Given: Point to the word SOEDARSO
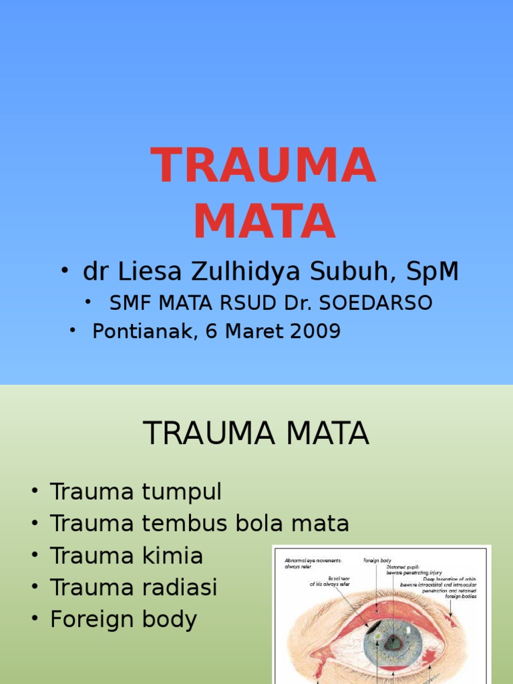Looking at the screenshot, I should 378,303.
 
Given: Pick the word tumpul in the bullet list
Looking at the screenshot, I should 181,492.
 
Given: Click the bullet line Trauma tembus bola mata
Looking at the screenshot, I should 199,524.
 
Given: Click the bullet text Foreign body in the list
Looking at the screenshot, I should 123,620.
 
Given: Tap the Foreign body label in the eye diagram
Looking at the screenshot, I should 377,560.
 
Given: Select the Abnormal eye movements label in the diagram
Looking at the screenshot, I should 313,564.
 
